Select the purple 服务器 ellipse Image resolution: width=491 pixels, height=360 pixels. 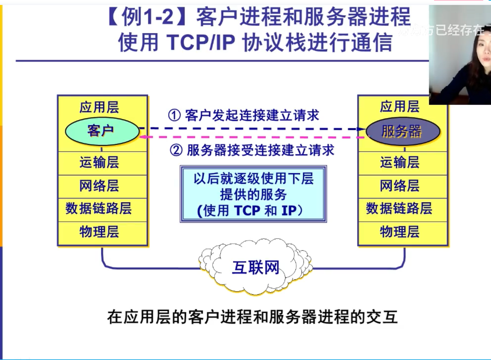tap(403, 131)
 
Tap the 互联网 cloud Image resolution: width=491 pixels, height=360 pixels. tap(256, 267)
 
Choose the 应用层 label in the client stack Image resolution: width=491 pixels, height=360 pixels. tap(99, 107)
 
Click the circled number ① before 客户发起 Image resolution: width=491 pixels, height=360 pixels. tap(174, 115)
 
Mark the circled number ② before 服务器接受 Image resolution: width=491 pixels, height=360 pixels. tap(176, 150)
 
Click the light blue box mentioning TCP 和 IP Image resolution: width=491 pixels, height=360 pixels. tap(253, 194)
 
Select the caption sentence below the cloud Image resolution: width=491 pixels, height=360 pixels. tap(253, 317)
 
